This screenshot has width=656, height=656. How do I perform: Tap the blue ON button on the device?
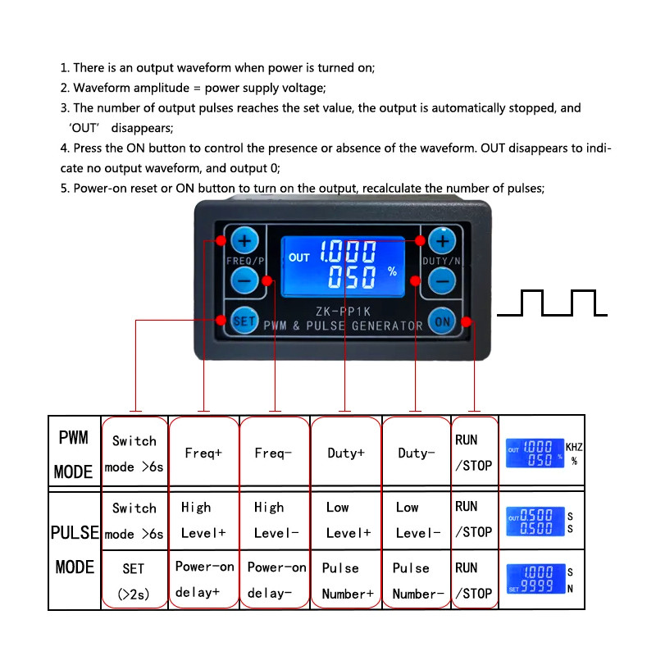[x=443, y=321]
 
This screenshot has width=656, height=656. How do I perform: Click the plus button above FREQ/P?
[x=244, y=241]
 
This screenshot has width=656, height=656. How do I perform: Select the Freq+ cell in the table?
[x=203, y=453]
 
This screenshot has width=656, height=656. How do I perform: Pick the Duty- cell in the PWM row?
[x=417, y=453]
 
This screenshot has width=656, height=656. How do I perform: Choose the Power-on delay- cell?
[x=276, y=580]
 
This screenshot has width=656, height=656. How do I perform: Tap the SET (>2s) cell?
[x=134, y=581]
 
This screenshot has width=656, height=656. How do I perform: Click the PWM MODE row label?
[x=74, y=453]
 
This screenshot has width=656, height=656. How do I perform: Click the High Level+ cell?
[x=203, y=520]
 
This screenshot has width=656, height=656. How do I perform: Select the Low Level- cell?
[x=417, y=520]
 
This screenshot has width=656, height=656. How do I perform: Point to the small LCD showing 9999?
[x=535, y=579]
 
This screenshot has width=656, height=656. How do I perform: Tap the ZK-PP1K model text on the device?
[x=344, y=312]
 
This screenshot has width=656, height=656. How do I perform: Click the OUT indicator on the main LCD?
[x=299, y=257]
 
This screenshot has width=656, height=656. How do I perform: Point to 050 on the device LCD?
[x=352, y=276]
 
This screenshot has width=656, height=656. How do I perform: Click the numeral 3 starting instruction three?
[x=64, y=108]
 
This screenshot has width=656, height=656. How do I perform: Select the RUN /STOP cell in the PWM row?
[x=473, y=453]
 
